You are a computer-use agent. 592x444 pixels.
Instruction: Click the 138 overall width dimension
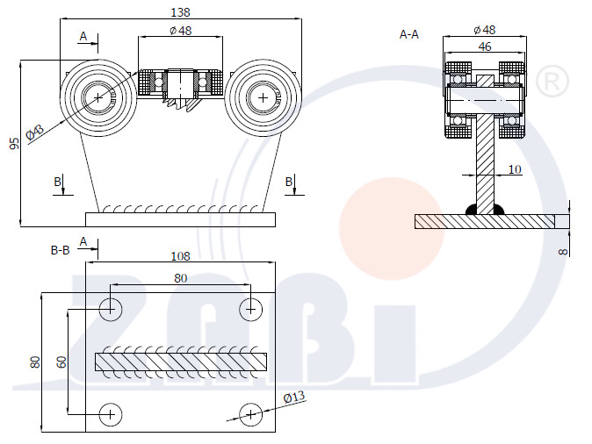point(180,12)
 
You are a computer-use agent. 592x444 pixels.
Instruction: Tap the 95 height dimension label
point(14,143)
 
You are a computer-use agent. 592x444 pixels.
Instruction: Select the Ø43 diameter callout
point(35,132)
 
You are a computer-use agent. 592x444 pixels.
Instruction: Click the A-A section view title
point(409,35)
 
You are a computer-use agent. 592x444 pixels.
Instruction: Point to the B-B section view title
point(61,250)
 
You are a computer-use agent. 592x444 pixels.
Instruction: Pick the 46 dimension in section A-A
point(485,47)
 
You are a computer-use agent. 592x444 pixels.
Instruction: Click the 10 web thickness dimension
point(515,169)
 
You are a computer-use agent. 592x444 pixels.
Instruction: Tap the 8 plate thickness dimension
point(563,251)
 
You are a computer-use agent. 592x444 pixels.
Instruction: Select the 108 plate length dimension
point(180,256)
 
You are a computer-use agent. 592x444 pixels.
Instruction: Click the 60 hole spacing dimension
point(61,362)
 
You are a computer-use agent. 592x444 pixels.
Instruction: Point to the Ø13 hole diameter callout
point(293,397)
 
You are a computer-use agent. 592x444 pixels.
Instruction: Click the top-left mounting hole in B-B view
point(111,310)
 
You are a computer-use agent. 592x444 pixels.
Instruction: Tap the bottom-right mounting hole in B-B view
point(250,414)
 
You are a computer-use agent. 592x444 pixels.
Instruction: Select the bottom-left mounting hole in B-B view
point(111,414)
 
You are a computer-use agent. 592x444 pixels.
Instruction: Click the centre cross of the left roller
point(98,97)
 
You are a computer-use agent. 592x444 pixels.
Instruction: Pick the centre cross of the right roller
point(264,98)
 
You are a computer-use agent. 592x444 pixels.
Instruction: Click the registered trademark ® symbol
point(552,81)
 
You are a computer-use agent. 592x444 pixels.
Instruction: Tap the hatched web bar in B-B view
point(181,362)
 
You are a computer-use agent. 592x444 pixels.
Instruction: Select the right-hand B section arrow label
point(289,182)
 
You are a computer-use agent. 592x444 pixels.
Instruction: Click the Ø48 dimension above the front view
point(180,30)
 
